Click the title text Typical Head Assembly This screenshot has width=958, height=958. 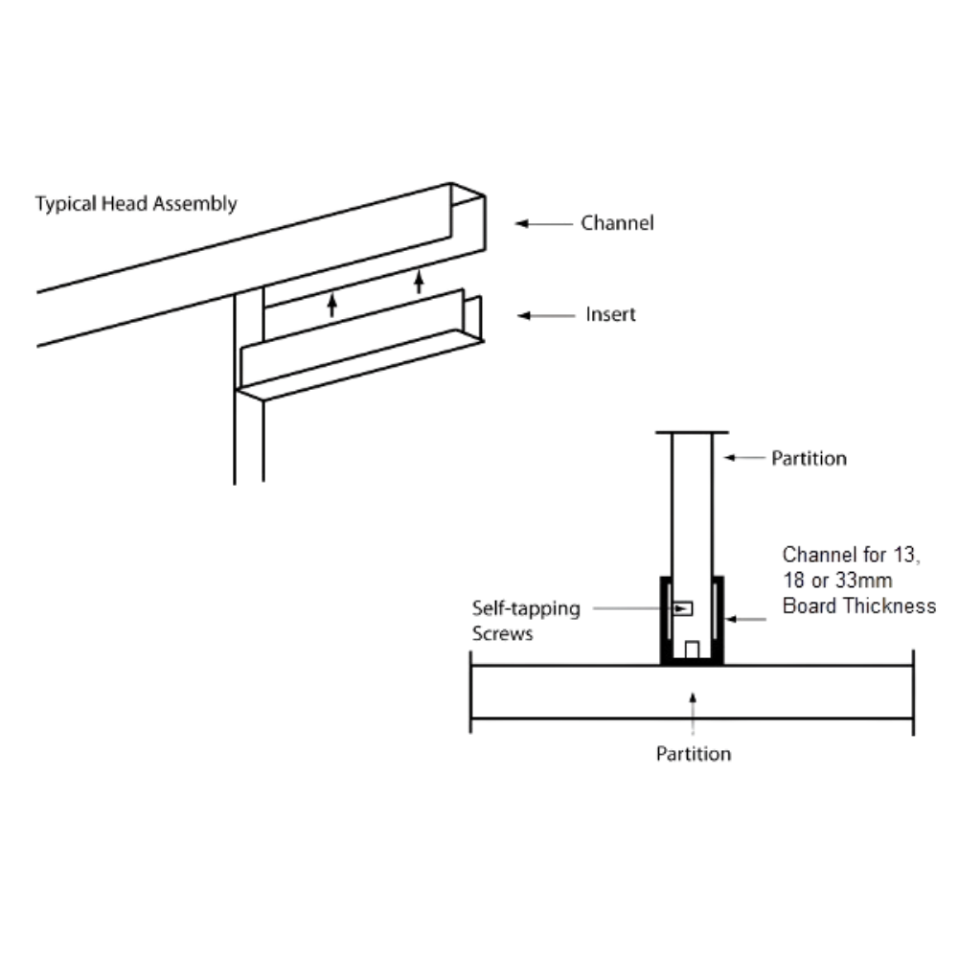(x=136, y=204)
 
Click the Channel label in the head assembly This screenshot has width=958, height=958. (x=617, y=223)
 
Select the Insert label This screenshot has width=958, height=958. (x=610, y=314)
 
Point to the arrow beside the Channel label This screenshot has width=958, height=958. (x=544, y=223)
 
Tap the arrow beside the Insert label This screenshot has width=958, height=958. (x=546, y=315)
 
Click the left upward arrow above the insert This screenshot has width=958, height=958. (x=332, y=305)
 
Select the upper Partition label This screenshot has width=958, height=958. (x=809, y=458)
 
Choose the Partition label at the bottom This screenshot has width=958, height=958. (x=694, y=754)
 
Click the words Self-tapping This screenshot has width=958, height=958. (x=526, y=609)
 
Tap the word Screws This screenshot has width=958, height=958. (x=502, y=633)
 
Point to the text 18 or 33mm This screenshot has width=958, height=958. (x=837, y=580)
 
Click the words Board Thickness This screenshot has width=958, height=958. (x=859, y=605)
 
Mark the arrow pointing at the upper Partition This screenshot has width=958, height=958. (x=744, y=457)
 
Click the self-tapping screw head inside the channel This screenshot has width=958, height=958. (x=682, y=608)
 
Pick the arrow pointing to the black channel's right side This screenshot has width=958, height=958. (x=746, y=620)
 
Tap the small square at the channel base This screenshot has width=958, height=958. (x=692, y=650)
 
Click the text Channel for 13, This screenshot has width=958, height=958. (x=851, y=555)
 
